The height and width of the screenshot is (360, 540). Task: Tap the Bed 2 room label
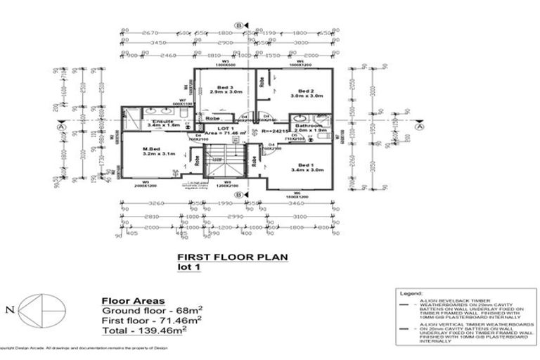[304, 91]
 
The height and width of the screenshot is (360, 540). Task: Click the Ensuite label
[163, 122]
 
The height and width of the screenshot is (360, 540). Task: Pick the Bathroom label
[308, 125]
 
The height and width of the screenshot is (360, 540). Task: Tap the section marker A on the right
[420, 127]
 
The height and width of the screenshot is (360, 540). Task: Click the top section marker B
[239, 26]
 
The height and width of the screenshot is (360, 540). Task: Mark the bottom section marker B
[239, 195]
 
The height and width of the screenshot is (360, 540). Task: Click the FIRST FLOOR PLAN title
[232, 257]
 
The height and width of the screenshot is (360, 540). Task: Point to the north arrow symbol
[42, 309]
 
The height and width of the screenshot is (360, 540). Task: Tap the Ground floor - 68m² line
[152, 309]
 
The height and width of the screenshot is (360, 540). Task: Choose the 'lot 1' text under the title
[188, 268]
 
